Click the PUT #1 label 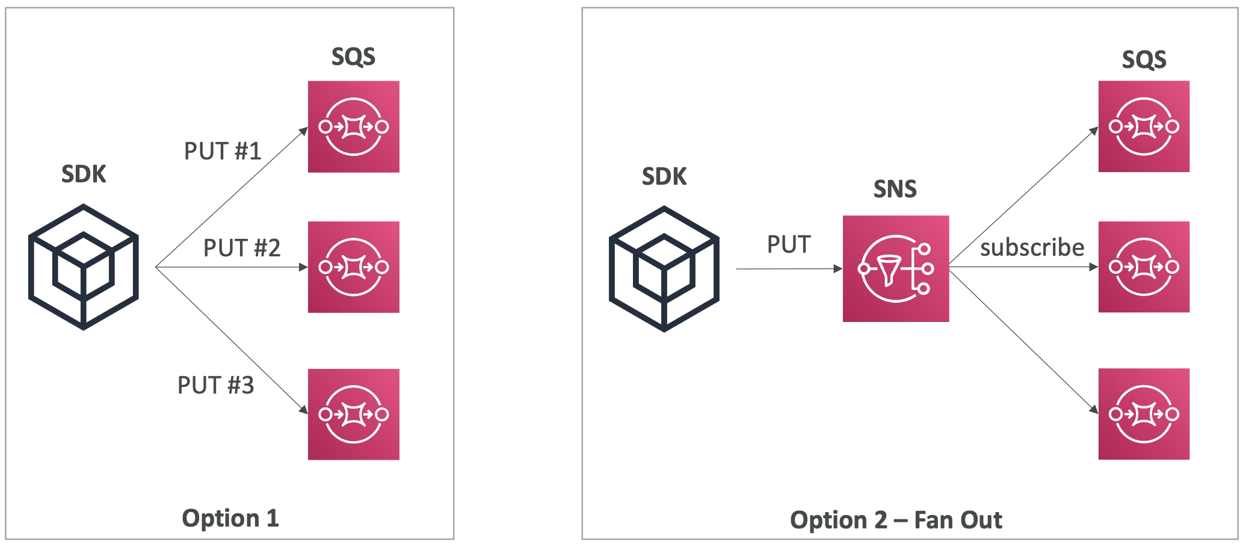(223, 151)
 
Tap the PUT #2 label (242, 248)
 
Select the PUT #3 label (215, 385)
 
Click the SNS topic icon (895, 268)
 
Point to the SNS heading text (895, 190)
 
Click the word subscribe (1032, 247)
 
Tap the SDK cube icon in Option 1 (84, 267)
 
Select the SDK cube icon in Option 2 (664, 268)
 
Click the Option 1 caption (230, 518)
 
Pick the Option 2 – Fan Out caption (896, 520)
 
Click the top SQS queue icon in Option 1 (354, 127)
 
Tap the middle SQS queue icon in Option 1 (354, 267)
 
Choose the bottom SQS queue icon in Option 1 (354, 414)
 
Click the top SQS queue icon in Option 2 (1144, 126)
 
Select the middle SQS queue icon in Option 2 (1144, 267)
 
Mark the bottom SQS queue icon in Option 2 (1144, 414)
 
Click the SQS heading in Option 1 (353, 57)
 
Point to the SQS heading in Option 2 (1144, 60)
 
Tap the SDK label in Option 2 (664, 177)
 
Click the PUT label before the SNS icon (789, 245)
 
